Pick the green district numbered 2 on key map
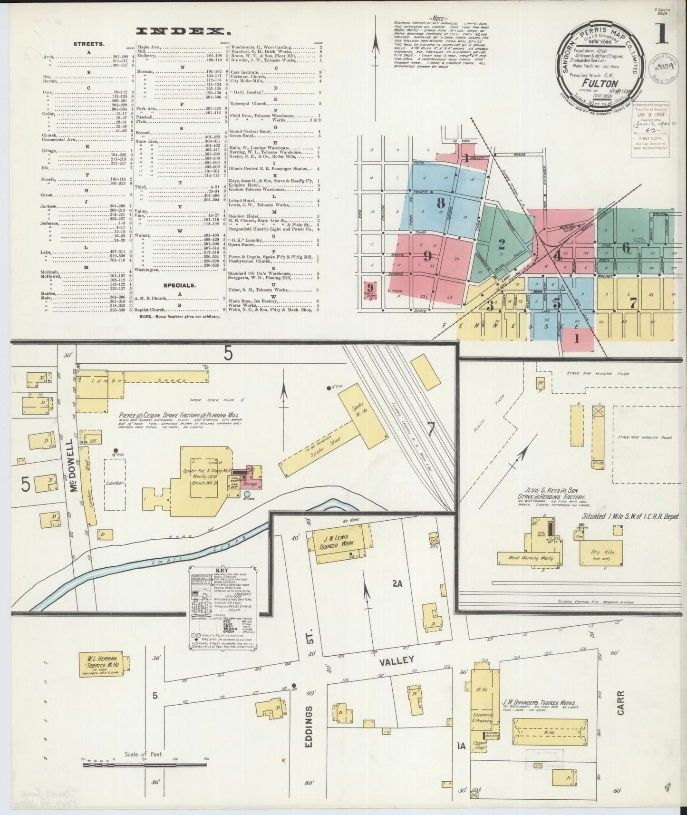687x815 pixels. (501, 244)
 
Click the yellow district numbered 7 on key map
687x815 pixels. (633, 302)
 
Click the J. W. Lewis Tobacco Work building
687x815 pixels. (339, 542)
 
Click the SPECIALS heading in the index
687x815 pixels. (179, 285)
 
